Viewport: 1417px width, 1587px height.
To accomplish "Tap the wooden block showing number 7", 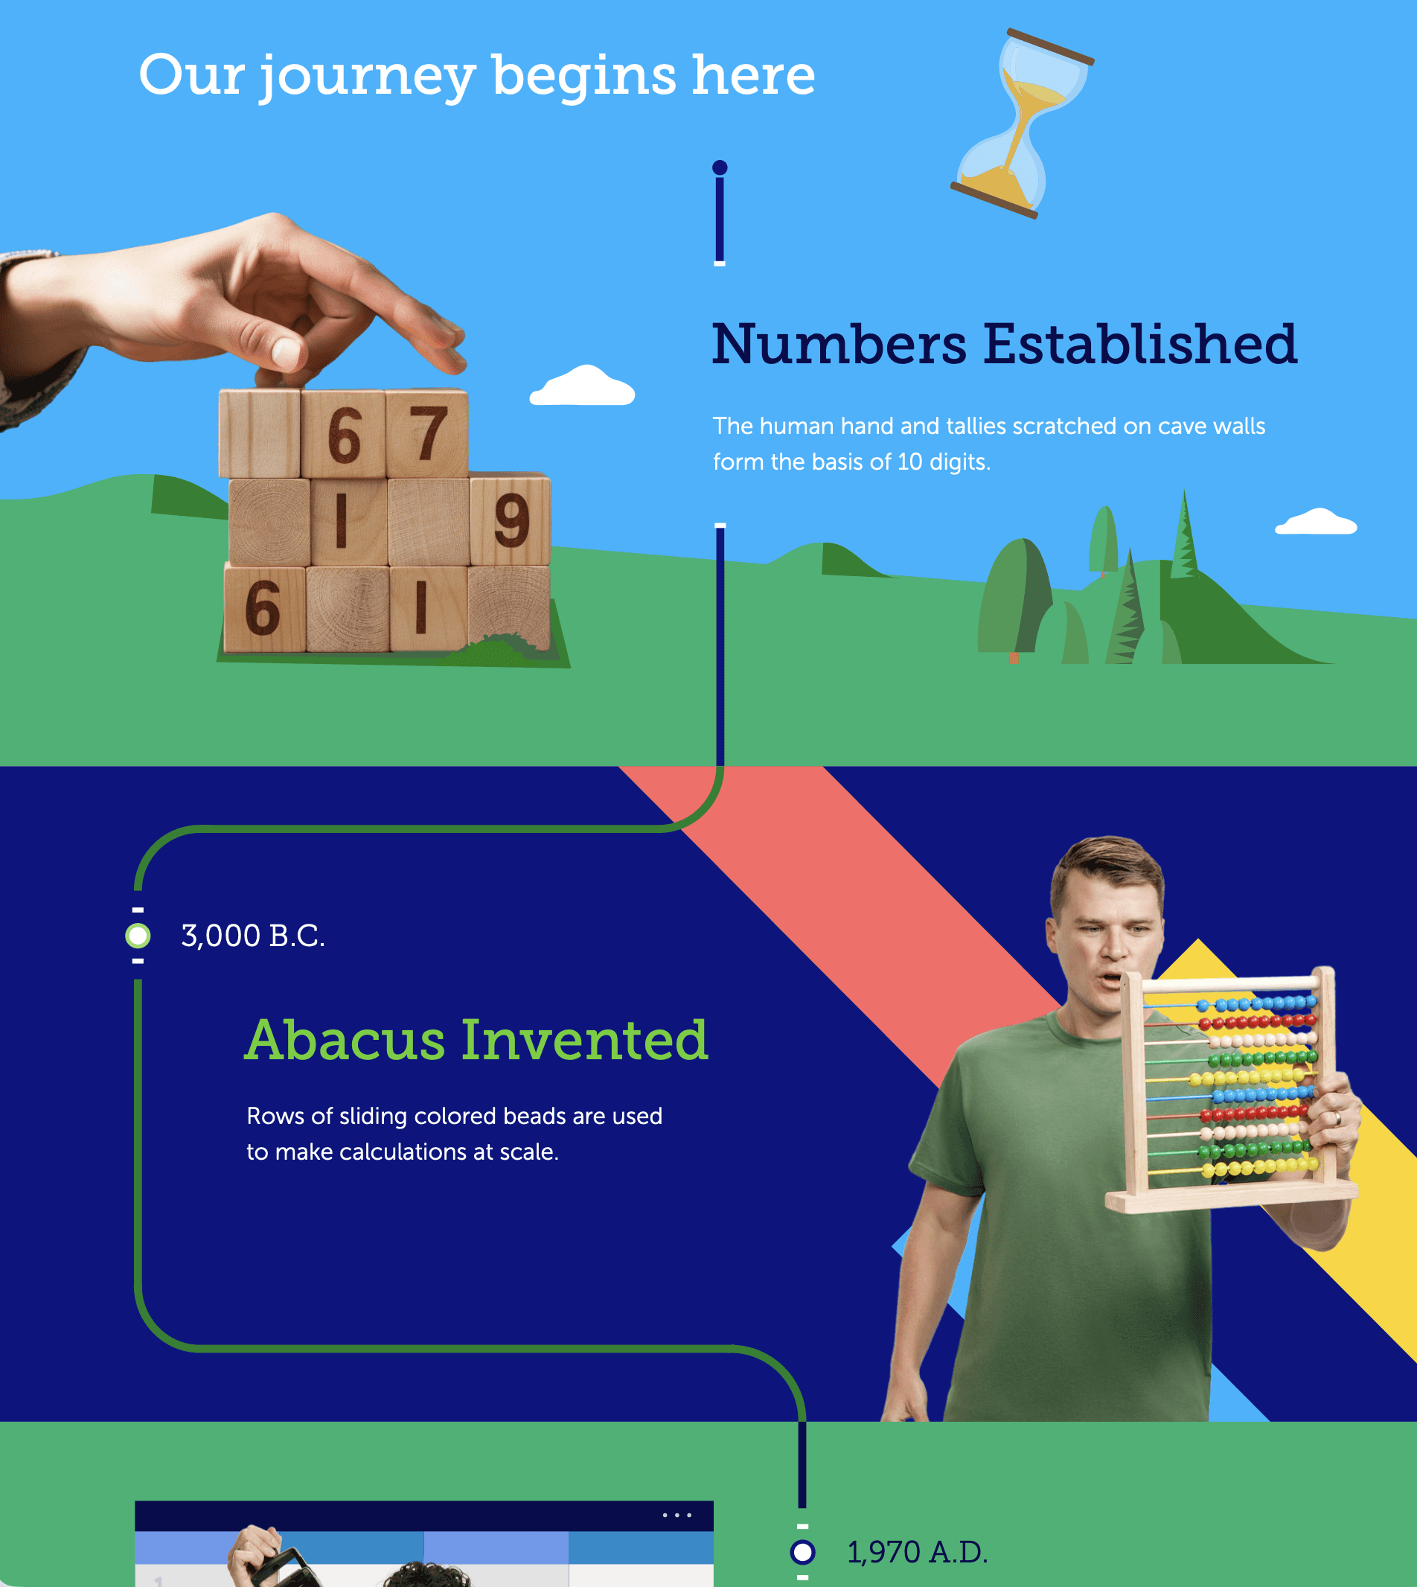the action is tap(427, 434).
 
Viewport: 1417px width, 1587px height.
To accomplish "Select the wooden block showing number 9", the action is tap(511, 520).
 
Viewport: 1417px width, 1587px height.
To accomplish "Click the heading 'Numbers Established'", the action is tap(1005, 344).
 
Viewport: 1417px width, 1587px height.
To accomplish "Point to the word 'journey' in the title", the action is tap(367, 77).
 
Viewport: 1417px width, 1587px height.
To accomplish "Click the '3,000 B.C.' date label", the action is tap(253, 935).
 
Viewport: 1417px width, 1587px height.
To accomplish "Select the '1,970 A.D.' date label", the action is tap(917, 1552).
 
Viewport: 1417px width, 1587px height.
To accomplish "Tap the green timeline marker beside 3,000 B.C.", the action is tap(138, 935).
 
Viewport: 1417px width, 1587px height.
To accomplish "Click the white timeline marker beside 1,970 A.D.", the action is tap(802, 1552).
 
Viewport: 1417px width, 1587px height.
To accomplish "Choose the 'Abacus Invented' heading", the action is tap(476, 1040).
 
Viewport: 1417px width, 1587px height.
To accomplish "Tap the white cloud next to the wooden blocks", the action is tap(583, 386).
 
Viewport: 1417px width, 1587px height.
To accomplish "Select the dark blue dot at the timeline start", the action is tap(720, 167).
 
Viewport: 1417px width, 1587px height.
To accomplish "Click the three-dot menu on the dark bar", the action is tap(676, 1516).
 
